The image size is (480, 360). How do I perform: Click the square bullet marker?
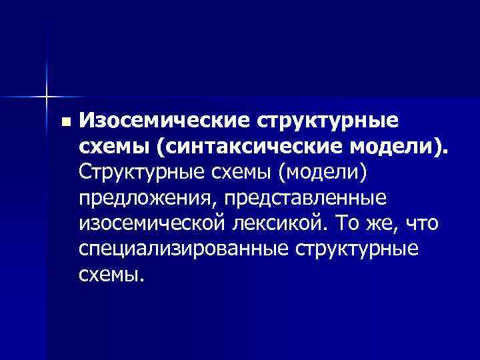tap(64, 123)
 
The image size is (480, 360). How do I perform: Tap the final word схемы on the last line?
tap(111, 273)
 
